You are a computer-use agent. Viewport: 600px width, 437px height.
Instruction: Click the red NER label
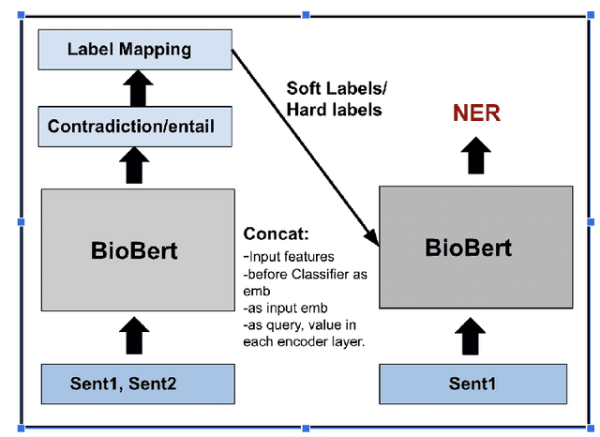pyautogui.click(x=476, y=114)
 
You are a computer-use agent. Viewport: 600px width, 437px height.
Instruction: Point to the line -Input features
pyautogui.click(x=289, y=256)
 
